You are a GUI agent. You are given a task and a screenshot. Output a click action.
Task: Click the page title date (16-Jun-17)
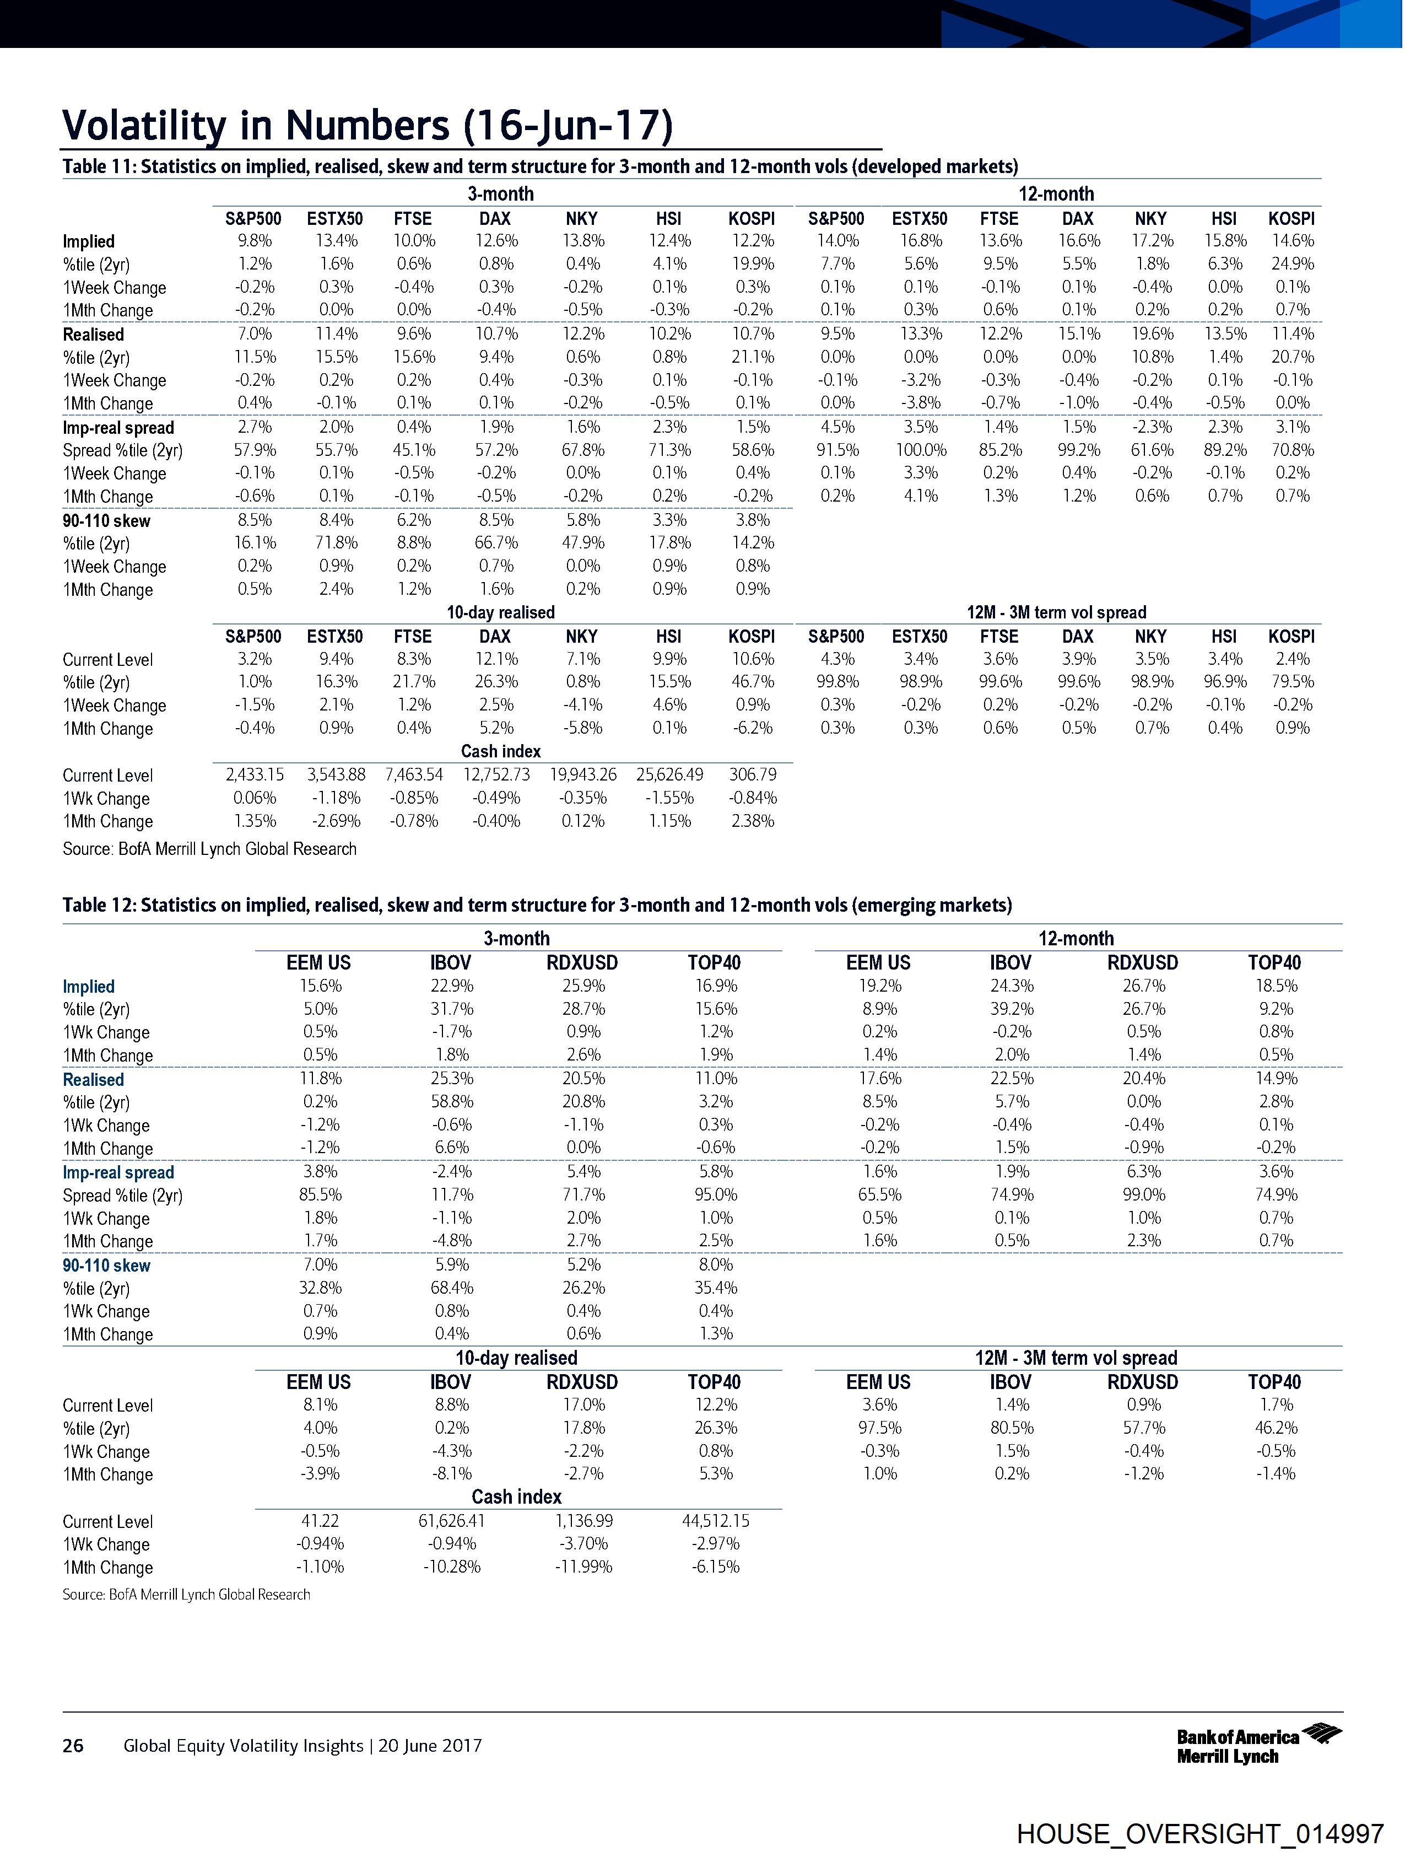coord(568,126)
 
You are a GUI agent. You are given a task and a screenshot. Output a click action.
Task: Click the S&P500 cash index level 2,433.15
coord(255,775)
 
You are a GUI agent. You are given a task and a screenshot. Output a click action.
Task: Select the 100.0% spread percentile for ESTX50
coord(921,450)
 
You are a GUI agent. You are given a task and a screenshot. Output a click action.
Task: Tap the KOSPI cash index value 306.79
coord(752,775)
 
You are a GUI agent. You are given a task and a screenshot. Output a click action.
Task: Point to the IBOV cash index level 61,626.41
coord(452,1520)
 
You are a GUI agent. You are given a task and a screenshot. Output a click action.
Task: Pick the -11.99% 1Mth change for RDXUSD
coord(583,1567)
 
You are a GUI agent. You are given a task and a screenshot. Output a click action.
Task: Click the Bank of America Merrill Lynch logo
coord(1258,1745)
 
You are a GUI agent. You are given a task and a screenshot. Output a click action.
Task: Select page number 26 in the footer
coord(73,1745)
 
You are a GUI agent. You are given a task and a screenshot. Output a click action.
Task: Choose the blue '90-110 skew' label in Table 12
coord(106,1265)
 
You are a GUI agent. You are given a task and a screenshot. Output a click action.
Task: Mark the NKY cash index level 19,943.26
coord(582,775)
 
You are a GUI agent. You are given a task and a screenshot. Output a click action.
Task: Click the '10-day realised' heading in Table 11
coord(500,612)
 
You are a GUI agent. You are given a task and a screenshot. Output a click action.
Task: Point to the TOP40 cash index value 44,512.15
coord(715,1520)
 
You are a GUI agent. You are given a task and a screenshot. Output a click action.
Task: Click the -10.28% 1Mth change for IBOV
coord(452,1567)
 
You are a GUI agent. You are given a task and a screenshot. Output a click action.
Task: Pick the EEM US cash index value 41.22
coord(319,1520)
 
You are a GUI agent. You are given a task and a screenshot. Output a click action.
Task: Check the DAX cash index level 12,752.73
coord(496,775)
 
